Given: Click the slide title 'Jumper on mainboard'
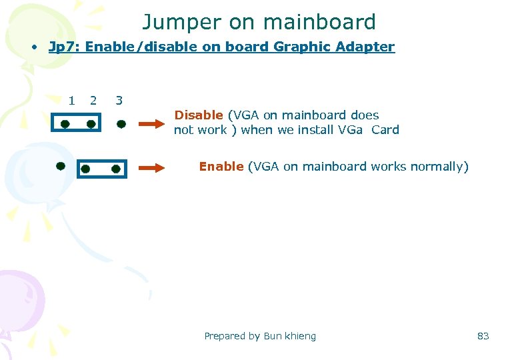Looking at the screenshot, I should tap(259, 22).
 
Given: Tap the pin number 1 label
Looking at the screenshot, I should tap(71, 101).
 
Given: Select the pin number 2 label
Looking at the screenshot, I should tap(93, 101).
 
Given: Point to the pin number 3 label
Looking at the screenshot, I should tap(119, 101).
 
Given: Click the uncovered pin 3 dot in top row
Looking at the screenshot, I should tap(121, 124).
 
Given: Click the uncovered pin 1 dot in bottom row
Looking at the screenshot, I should tap(60, 164).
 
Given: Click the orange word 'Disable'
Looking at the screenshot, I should tap(198, 115).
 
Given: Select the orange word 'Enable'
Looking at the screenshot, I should tap(221, 166).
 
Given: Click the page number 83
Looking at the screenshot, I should tap(483, 336).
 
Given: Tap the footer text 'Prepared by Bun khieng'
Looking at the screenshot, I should tap(260, 336).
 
